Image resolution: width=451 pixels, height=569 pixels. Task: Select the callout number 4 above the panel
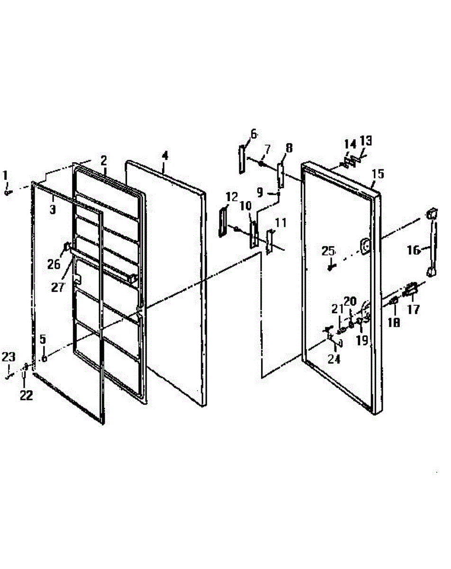[x=165, y=156]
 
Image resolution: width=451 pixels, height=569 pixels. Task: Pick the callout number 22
[x=26, y=395]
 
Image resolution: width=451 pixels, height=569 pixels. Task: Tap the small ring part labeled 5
[x=44, y=358]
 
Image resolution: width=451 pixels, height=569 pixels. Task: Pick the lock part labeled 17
[x=410, y=289]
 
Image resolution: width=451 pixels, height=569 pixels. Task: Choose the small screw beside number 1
[x=8, y=193]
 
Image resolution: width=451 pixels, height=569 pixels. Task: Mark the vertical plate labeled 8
[x=280, y=174]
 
